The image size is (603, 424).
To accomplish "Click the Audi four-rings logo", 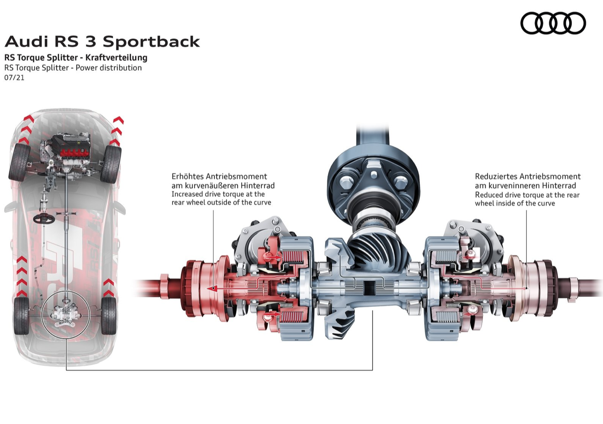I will (553, 23).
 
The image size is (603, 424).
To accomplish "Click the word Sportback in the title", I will (151, 41).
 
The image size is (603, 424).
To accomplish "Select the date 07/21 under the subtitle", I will (15, 78).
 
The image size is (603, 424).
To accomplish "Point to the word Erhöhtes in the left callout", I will (187, 176).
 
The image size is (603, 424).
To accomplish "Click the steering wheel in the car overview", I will (42, 218).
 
